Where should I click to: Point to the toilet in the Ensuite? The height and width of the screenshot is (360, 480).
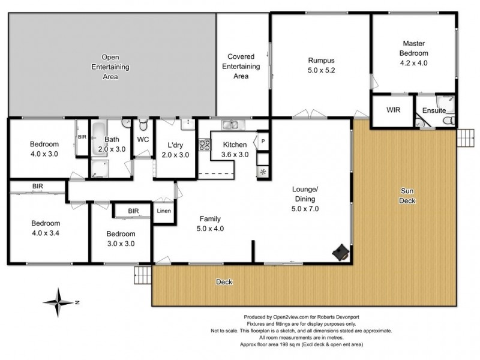(447, 120)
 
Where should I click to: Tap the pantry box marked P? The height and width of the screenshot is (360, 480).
(263, 142)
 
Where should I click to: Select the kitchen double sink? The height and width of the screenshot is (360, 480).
(230, 125)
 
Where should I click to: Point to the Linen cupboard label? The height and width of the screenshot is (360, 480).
(164, 211)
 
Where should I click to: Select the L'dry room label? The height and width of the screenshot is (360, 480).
(175, 149)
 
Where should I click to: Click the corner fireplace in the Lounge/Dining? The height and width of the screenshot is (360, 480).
(341, 253)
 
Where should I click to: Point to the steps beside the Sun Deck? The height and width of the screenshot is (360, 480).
(465, 138)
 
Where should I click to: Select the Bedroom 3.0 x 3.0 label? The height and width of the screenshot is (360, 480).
(120, 238)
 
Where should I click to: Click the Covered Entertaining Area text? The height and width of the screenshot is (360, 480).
(241, 66)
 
